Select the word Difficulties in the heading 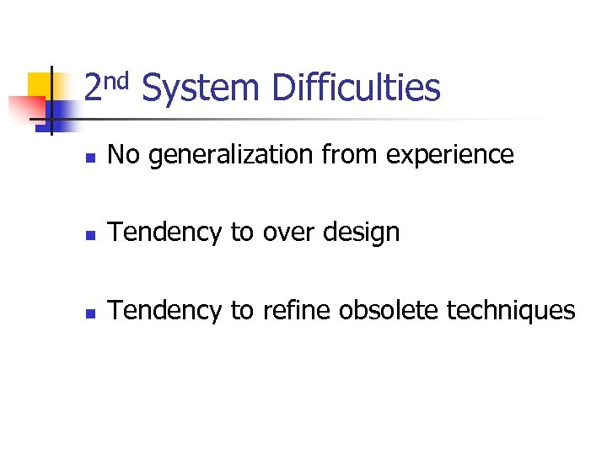(356, 88)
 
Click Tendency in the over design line (165, 233)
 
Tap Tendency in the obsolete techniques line (165, 310)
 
